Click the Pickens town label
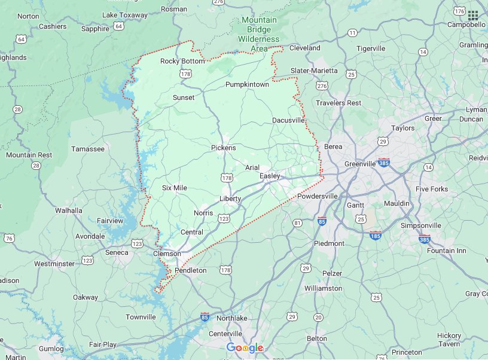click(224, 148)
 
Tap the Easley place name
click(270, 176)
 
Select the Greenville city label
click(359, 164)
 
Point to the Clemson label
click(167, 254)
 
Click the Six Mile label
click(175, 188)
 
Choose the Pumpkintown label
click(247, 84)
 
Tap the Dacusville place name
click(288, 120)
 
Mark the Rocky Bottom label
click(182, 61)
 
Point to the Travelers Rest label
click(338, 103)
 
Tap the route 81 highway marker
click(297, 223)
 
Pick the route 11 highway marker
click(352, 32)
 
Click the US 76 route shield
click(8, 239)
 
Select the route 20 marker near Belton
click(318, 317)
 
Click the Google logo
click(245, 348)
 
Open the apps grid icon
click(473, 15)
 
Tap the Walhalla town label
click(68, 210)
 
